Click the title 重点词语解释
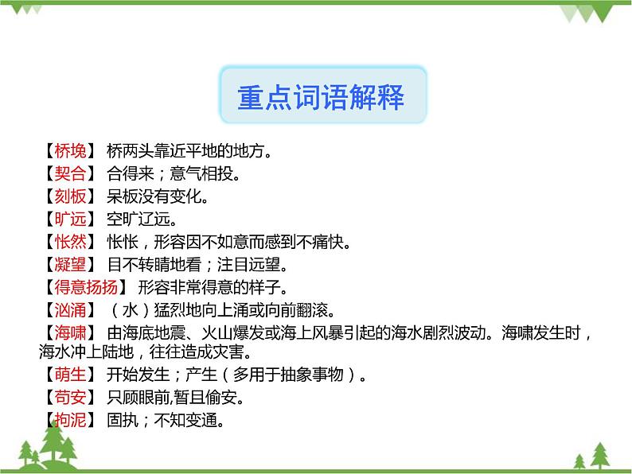pyautogui.click(x=321, y=97)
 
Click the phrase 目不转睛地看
pyautogui.click(x=156, y=264)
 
